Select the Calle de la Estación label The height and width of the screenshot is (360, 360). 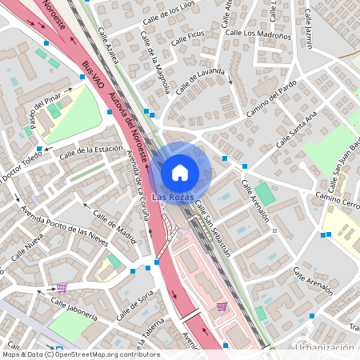[95, 150]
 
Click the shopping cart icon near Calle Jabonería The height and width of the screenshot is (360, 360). [62, 287]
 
